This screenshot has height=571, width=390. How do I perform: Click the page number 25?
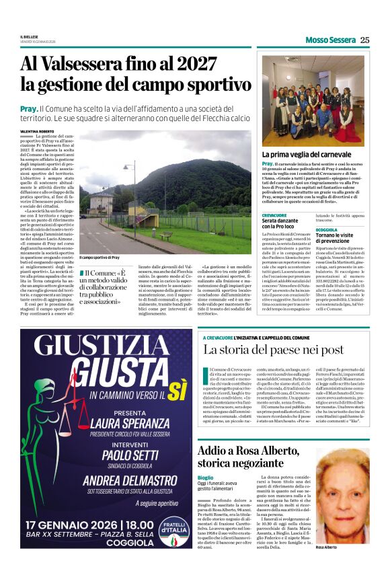[x=364, y=40]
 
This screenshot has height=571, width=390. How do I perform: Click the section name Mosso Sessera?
[x=330, y=40]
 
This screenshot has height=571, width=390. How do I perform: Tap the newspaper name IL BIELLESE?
[x=30, y=37]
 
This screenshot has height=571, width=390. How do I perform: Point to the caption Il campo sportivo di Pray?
[x=100, y=258]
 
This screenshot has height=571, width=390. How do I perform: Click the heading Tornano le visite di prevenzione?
[x=342, y=239]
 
